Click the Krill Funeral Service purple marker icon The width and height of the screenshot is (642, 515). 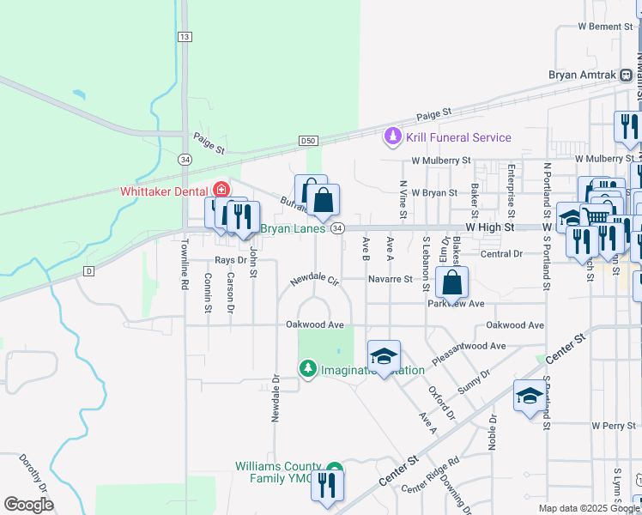(x=393, y=136)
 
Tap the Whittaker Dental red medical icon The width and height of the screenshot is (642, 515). (x=221, y=189)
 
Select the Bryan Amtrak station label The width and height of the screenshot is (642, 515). (x=584, y=75)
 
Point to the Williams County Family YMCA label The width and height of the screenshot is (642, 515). (x=281, y=472)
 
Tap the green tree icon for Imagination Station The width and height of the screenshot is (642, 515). (x=308, y=368)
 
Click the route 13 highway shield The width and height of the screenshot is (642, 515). (x=185, y=37)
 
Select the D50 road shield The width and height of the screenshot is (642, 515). (x=309, y=140)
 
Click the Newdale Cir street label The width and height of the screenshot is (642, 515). (x=315, y=280)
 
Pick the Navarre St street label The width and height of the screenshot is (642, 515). (x=391, y=279)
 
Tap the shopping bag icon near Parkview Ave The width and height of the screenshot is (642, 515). (x=451, y=282)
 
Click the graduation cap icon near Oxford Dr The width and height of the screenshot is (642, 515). (x=384, y=355)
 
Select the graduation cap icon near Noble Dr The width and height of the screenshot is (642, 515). (x=530, y=396)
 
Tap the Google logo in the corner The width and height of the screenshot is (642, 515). (x=28, y=505)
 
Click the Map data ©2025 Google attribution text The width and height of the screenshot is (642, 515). (x=588, y=508)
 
